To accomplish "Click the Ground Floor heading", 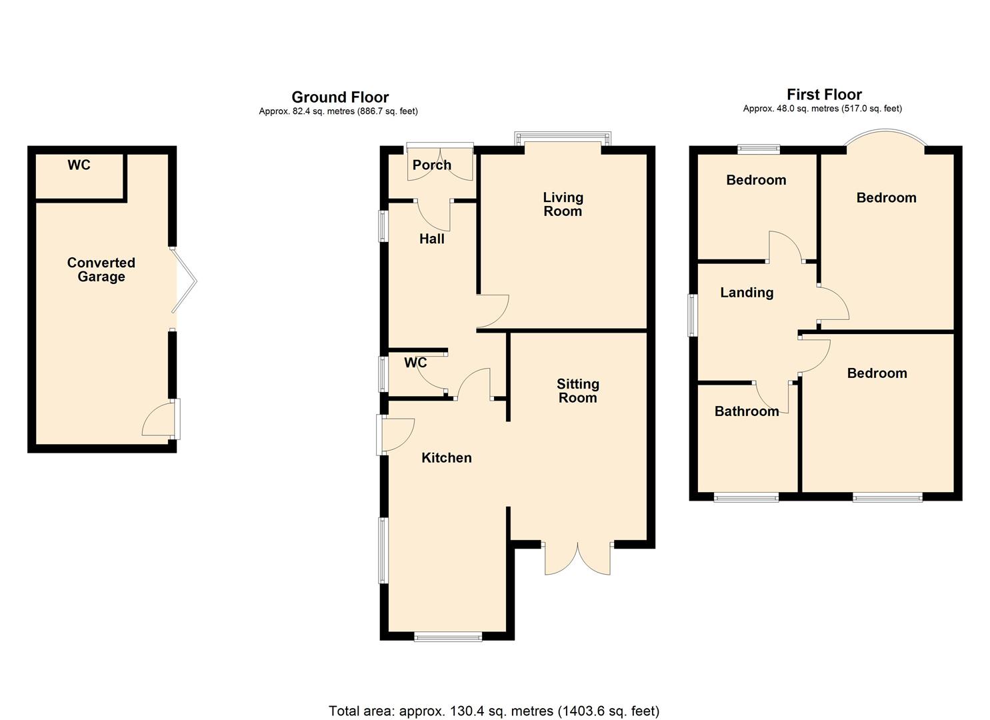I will (x=340, y=97).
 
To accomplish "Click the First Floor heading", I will (x=824, y=95).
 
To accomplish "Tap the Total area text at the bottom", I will (x=494, y=711).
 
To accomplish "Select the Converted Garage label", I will (x=101, y=270).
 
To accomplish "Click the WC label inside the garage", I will (x=79, y=165).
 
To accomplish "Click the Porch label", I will (x=431, y=165).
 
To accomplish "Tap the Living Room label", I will (x=563, y=204).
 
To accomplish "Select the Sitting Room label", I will (x=577, y=391).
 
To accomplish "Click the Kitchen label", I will (x=447, y=457).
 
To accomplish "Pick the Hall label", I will (x=431, y=239).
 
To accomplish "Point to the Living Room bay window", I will (x=563, y=139).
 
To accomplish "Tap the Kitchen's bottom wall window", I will (x=448, y=637).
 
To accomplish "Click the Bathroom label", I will (x=747, y=411).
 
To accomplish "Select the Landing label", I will (x=747, y=292).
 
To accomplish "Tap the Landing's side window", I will (x=693, y=315).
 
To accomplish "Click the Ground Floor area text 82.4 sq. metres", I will (x=338, y=111).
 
